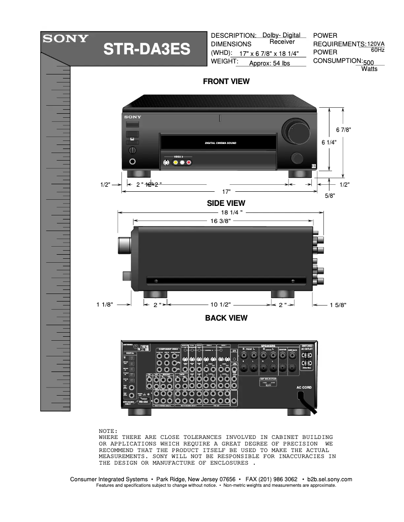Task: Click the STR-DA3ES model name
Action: pyautogui.click(x=147, y=50)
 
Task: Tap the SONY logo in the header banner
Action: pyautogui.click(x=65, y=38)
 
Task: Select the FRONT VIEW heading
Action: pyautogui.click(x=226, y=82)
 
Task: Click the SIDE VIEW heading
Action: pyautogui.click(x=226, y=203)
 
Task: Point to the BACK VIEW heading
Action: pyautogui.click(x=226, y=318)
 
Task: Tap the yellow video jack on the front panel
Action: pyautogui.click(x=175, y=162)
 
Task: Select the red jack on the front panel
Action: pyautogui.click(x=189, y=162)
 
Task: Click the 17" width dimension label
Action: pyautogui.click(x=227, y=192)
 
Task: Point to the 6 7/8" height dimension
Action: pyautogui.click(x=343, y=130)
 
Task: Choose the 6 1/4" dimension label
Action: pyautogui.click(x=329, y=142)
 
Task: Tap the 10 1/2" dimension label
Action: pyautogui.click(x=220, y=305)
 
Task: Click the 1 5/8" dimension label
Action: pyautogui.click(x=338, y=305)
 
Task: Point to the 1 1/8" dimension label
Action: pyautogui.click(x=105, y=305)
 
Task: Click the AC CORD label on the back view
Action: pyautogui.click(x=304, y=388)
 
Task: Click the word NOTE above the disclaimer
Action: pyautogui.click(x=108, y=431)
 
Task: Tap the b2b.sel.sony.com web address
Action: pyautogui.click(x=329, y=479)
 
